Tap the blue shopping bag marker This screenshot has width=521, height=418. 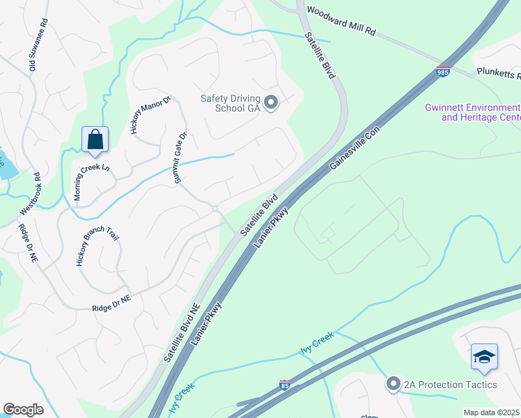pyautogui.click(x=95, y=139)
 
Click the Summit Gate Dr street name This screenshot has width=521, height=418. pyautogui.click(x=180, y=158)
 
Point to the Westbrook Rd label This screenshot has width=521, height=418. pyautogui.click(x=36, y=194)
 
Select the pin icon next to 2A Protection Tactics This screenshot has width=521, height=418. pyautogui.click(x=393, y=385)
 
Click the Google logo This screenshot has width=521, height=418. pyautogui.click(x=23, y=410)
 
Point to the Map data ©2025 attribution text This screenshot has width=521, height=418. pyautogui.click(x=491, y=412)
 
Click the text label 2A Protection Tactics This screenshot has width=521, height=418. pyautogui.click(x=450, y=385)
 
